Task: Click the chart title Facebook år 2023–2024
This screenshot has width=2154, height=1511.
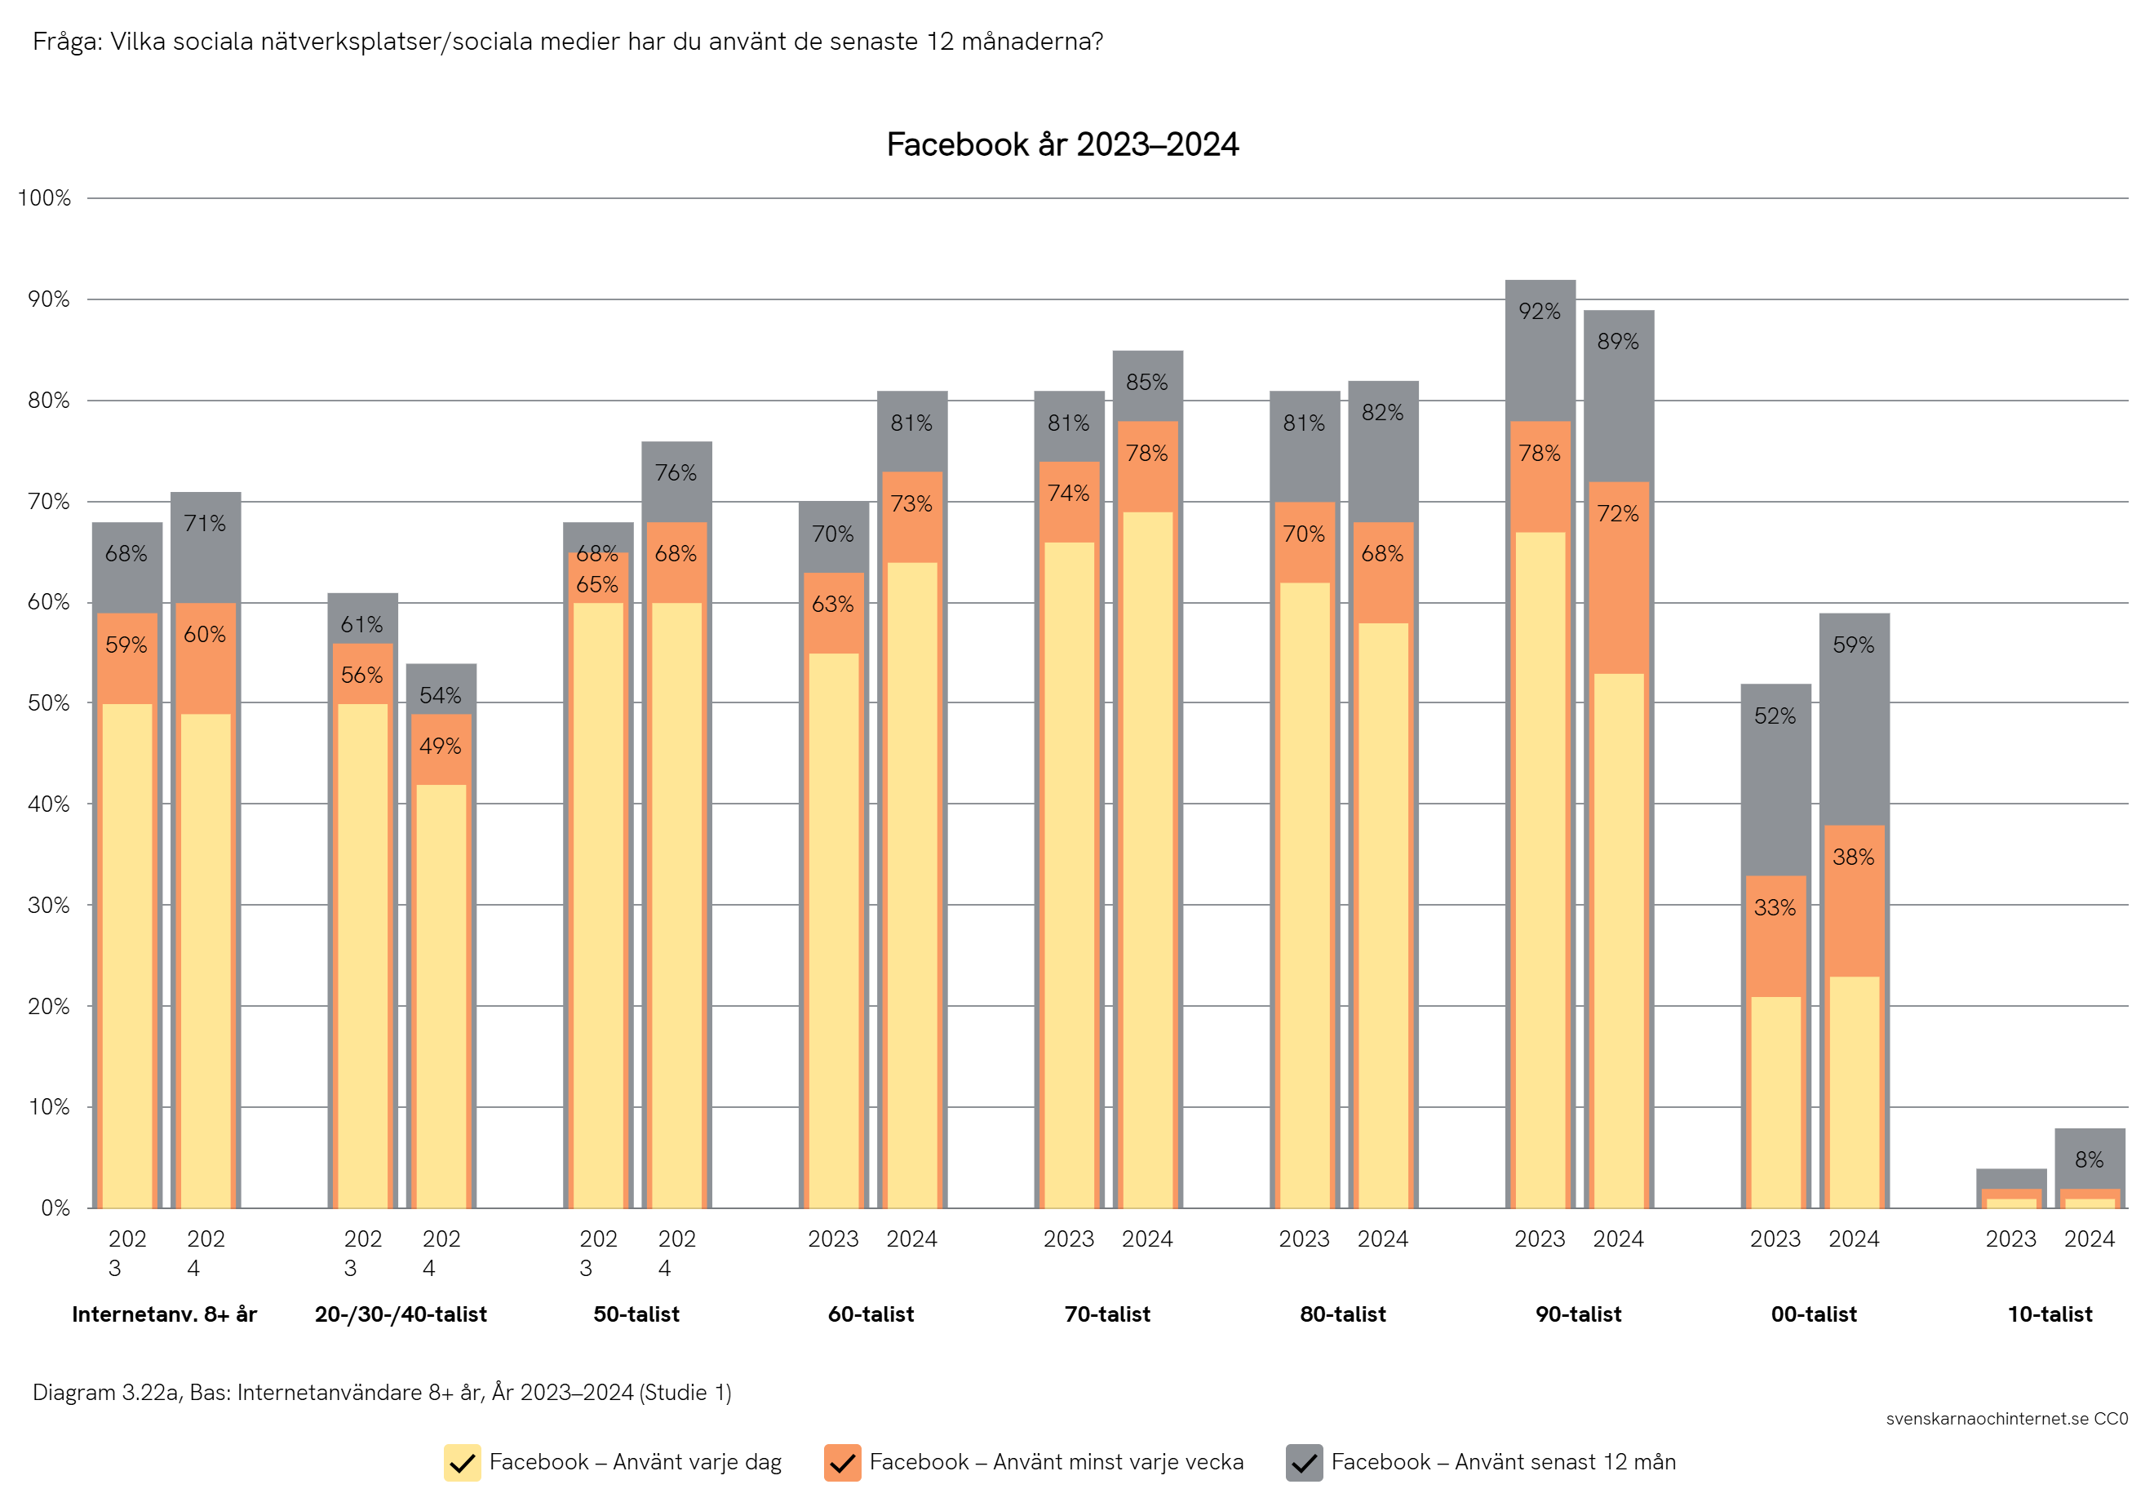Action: coord(1062,144)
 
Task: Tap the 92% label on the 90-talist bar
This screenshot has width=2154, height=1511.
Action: coord(1540,312)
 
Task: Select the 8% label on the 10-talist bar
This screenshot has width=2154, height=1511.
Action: coord(2089,1159)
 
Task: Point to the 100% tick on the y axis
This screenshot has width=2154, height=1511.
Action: coord(44,198)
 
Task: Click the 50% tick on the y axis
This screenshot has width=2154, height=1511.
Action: coord(49,703)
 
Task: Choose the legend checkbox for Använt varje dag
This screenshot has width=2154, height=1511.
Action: coord(462,1462)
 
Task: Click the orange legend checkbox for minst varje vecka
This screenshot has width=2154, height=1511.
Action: coord(841,1462)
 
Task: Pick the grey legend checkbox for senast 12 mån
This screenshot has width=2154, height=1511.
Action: coord(1303,1462)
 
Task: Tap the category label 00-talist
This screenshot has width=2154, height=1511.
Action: coord(1814,1314)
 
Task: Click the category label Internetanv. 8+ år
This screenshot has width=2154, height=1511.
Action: coord(164,1314)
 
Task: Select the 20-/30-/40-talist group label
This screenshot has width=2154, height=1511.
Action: coord(401,1314)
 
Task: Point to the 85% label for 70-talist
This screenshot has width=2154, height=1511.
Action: coord(1146,383)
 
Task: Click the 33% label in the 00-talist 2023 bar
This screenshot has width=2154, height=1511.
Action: coord(1774,907)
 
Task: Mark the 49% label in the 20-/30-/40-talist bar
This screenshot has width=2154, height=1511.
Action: coord(440,747)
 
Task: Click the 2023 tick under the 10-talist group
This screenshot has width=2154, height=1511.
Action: coord(2010,1239)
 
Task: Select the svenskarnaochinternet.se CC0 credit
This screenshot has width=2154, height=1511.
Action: coord(2006,1418)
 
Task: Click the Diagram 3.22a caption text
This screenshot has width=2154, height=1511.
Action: coord(382,1392)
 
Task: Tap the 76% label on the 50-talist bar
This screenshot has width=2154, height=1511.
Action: coord(676,472)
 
